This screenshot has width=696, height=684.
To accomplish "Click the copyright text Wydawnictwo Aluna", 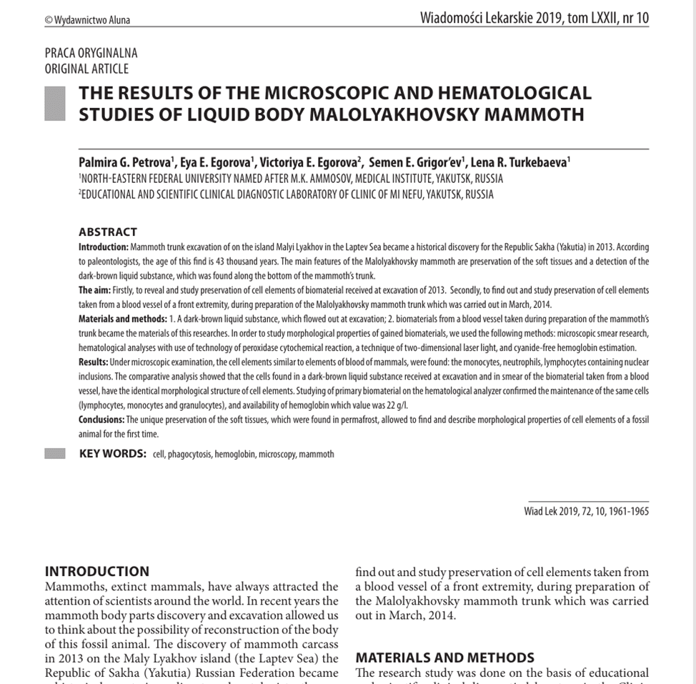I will pyautogui.click(x=87, y=20).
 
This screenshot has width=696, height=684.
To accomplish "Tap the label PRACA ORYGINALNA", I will pyautogui.click(x=91, y=53).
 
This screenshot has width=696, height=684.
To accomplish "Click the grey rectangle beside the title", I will pyautogui.click(x=54, y=104).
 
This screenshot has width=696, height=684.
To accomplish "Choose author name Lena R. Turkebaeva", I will pyautogui.click(x=521, y=162).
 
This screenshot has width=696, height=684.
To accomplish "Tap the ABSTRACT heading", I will pyautogui.click(x=107, y=232).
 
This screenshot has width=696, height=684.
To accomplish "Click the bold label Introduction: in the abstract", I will pyautogui.click(x=103, y=247).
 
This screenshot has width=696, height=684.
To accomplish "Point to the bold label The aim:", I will pyautogui.click(x=94, y=291).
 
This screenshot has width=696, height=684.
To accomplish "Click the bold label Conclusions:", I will pyautogui.click(x=101, y=420).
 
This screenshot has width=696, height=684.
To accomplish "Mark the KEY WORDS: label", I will pyautogui.click(x=113, y=454).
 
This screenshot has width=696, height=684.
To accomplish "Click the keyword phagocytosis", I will pyautogui.click(x=189, y=455).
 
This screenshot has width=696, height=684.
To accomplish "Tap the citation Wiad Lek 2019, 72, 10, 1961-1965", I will pyautogui.click(x=586, y=511).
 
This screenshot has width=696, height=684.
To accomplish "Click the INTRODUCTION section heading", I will pyautogui.click(x=97, y=572).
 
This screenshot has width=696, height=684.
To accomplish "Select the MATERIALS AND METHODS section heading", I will pyautogui.click(x=444, y=658).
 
